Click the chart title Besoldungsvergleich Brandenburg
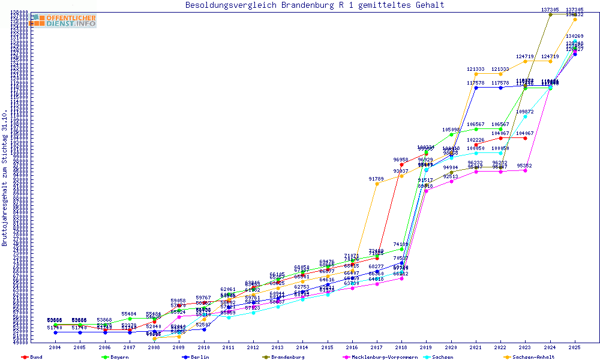click(315, 5)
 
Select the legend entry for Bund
click(32, 357)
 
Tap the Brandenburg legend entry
click(284, 357)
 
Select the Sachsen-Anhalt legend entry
click(530, 357)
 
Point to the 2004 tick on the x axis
click(55, 347)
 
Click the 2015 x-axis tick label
click(328, 347)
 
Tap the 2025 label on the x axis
click(575, 347)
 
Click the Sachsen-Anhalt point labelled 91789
click(377, 184)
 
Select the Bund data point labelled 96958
click(401, 164)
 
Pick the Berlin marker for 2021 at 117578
click(476, 88)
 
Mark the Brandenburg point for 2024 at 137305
click(550, 14)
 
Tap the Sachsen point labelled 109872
click(526, 116)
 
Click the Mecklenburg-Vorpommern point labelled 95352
click(526, 170)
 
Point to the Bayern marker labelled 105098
click(451, 134)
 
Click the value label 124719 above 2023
click(526, 56)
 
